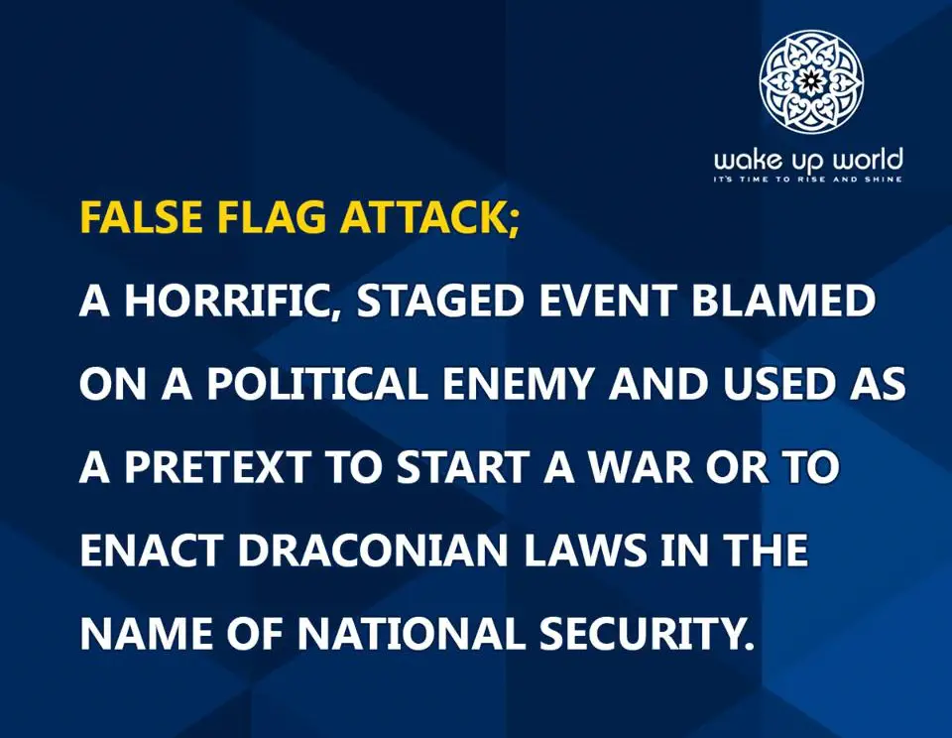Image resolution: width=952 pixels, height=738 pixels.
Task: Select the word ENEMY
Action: (518, 384)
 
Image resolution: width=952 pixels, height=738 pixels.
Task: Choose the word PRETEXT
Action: (215, 467)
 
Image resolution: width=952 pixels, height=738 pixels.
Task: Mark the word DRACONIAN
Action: (371, 551)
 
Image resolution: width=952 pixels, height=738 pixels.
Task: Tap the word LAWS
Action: (582, 551)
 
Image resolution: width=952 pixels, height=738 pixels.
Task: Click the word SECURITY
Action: (643, 634)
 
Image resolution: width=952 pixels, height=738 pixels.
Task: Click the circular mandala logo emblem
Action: (812, 80)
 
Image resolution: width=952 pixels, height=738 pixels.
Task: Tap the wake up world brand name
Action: (808, 161)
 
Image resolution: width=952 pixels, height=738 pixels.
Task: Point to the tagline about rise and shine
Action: (808, 180)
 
